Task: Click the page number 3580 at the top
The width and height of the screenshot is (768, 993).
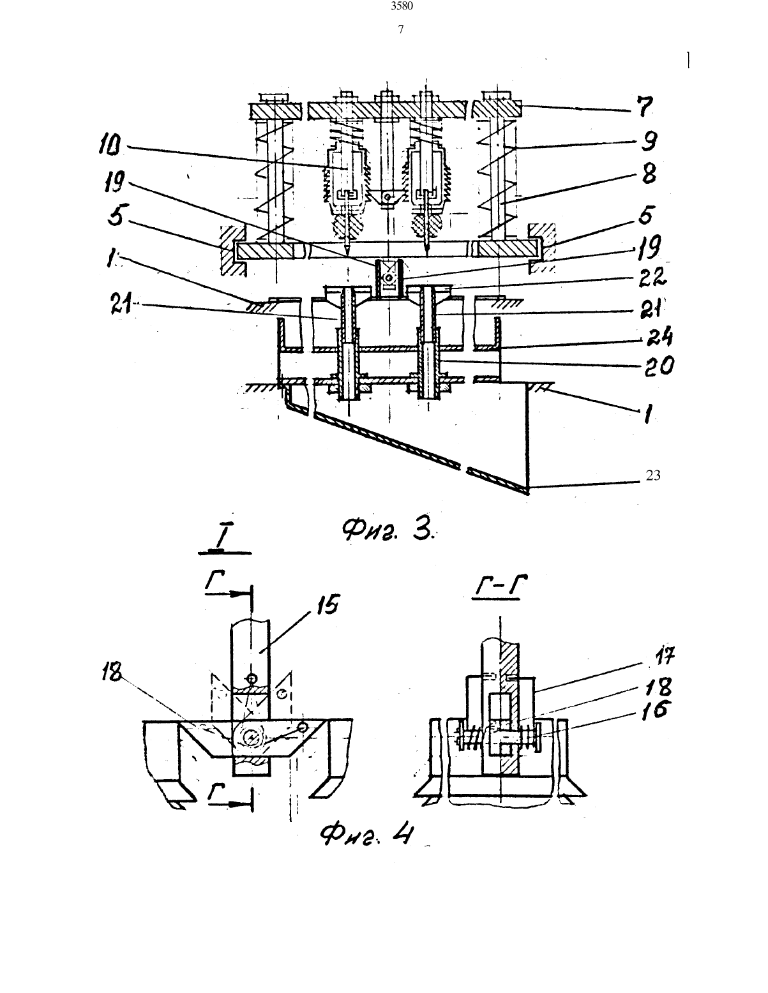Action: tap(402, 6)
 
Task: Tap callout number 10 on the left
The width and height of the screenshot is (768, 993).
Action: tap(110, 147)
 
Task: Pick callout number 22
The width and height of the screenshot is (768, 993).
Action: tap(652, 278)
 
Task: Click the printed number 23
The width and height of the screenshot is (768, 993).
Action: tap(653, 475)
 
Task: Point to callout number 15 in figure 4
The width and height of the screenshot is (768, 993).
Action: tap(328, 606)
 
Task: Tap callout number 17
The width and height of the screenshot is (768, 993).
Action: tap(663, 657)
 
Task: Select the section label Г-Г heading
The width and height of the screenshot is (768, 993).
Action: tap(500, 586)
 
